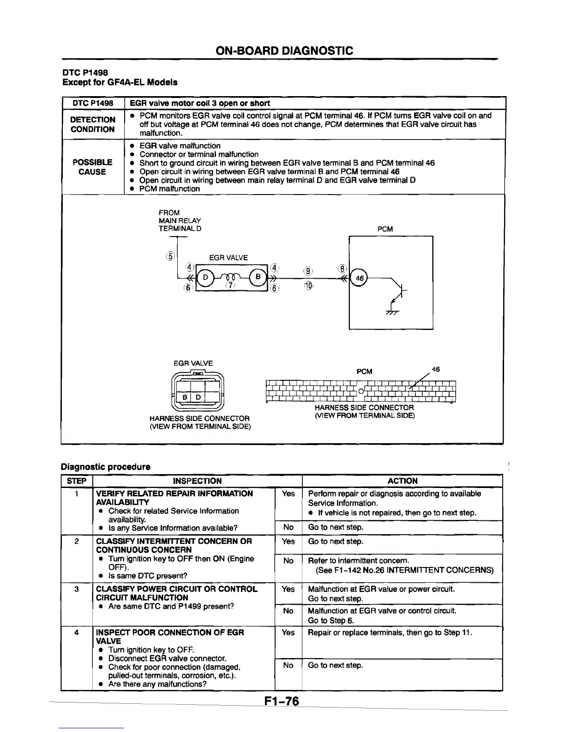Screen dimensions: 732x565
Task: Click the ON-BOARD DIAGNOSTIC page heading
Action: [284, 50]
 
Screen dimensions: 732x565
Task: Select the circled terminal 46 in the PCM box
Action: [360, 278]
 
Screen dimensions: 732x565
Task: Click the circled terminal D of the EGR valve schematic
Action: [206, 277]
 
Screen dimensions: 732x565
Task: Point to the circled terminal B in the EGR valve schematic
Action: [258, 277]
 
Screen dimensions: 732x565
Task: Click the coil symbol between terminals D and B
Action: [232, 277]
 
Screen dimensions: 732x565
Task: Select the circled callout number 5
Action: [171, 256]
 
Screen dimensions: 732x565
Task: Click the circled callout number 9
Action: [308, 271]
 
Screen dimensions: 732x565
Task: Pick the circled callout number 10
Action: [308, 286]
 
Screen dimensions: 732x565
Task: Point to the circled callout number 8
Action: [342, 269]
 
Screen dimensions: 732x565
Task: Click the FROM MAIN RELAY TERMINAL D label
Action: [180, 220]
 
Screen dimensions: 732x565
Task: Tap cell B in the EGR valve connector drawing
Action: [184, 397]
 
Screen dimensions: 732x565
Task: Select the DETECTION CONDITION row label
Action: [92, 124]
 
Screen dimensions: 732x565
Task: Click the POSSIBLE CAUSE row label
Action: [92, 167]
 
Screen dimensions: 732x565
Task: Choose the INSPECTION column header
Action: [197, 481]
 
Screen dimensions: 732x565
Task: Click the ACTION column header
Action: [402, 481]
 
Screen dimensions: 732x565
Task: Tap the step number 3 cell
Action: [77, 589]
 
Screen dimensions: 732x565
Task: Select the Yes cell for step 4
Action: [288, 632]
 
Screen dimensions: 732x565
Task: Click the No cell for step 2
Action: [288, 561]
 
